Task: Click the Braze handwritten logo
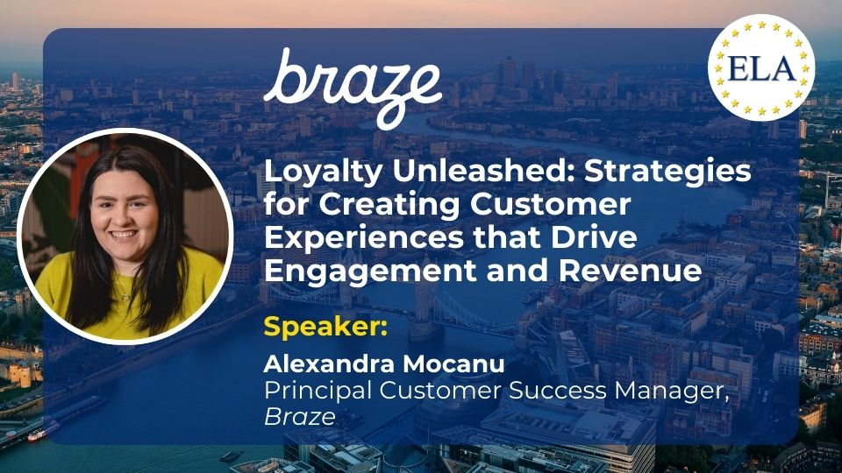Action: point(353,88)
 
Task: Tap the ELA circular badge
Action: point(761,67)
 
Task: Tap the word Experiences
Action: point(363,238)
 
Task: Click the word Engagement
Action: point(370,271)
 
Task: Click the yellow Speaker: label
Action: point(325,327)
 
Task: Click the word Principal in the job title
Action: point(318,391)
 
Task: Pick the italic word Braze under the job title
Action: point(300,417)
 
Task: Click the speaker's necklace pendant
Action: point(125,297)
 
